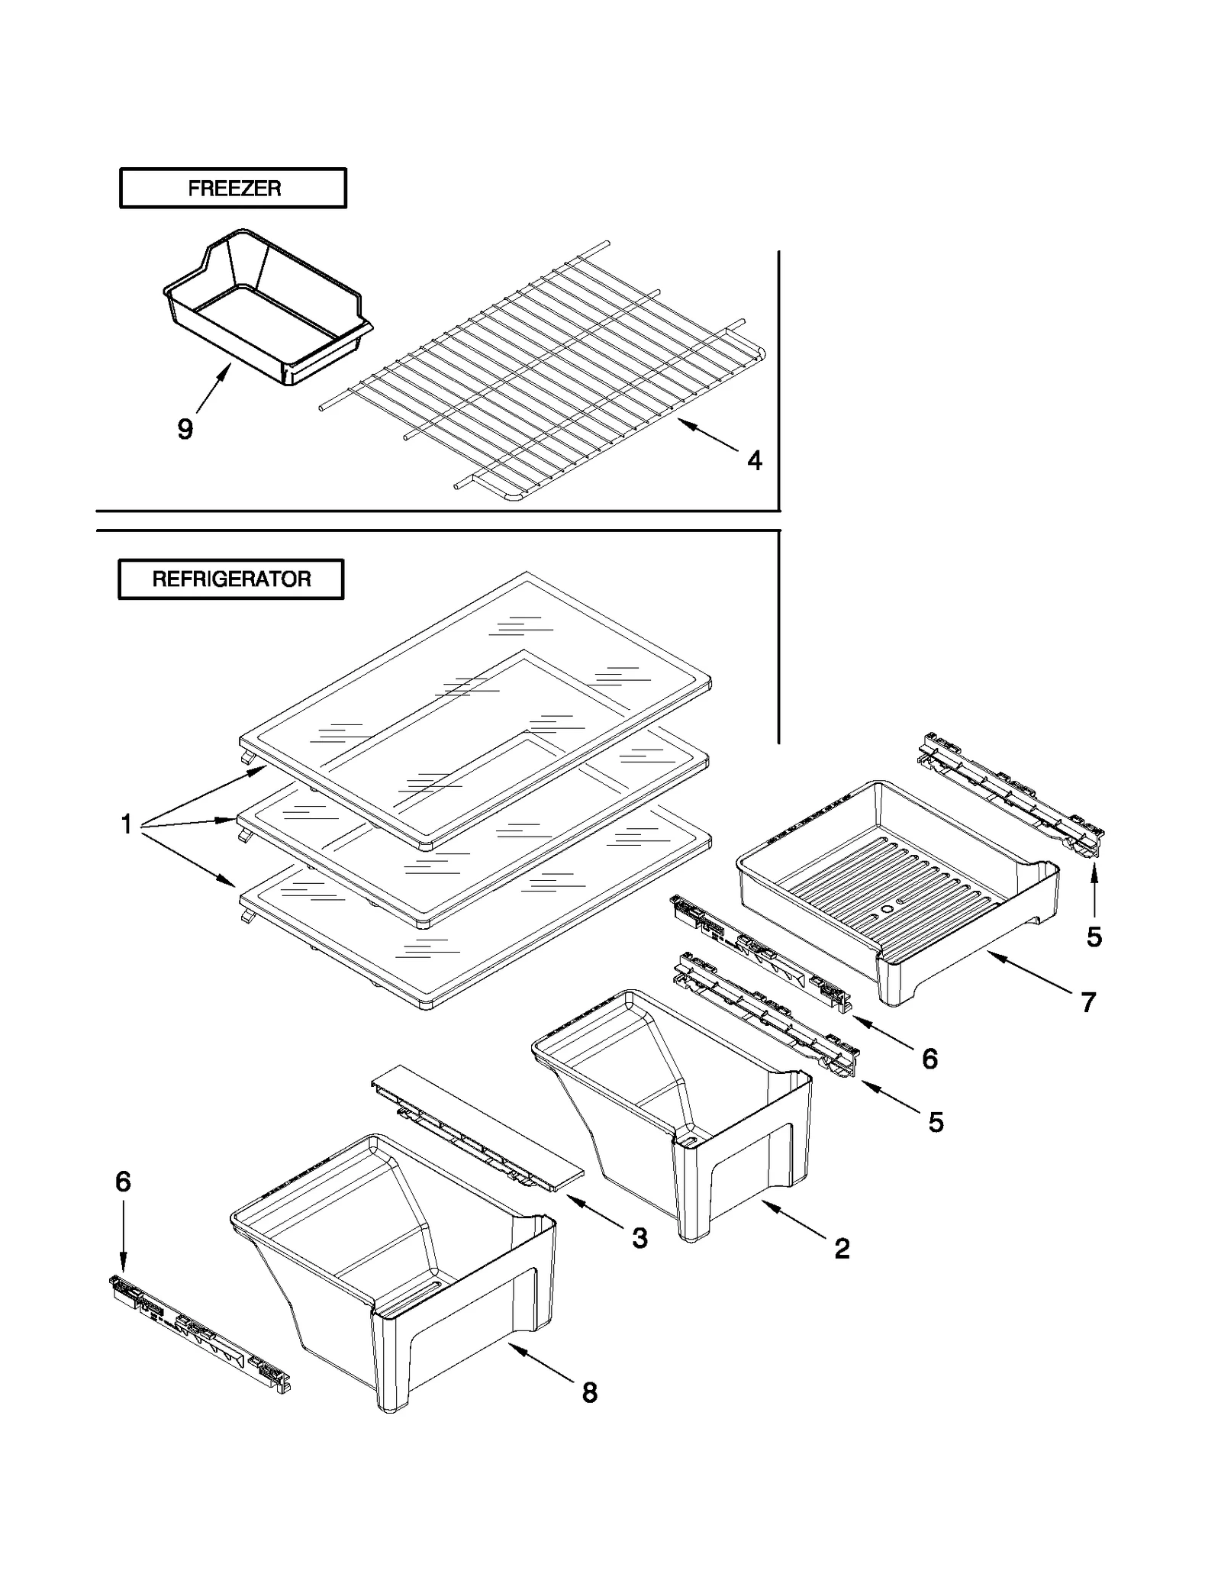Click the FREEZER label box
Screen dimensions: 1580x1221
[x=233, y=188]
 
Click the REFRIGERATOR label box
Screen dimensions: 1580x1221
[x=230, y=579]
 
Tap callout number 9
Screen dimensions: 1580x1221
[x=185, y=429]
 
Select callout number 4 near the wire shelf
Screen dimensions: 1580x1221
[x=754, y=460]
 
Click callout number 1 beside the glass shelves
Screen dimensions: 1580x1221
[x=127, y=824]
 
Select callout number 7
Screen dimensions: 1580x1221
[x=1088, y=1002]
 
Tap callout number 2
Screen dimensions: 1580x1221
[x=842, y=1249]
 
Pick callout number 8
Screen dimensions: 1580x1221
[x=590, y=1393]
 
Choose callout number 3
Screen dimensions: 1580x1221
[x=639, y=1238]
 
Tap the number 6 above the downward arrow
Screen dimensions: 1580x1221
[x=123, y=1182]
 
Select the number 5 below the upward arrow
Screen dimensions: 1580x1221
[x=1094, y=937]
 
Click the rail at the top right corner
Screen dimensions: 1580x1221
[x=1011, y=794]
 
